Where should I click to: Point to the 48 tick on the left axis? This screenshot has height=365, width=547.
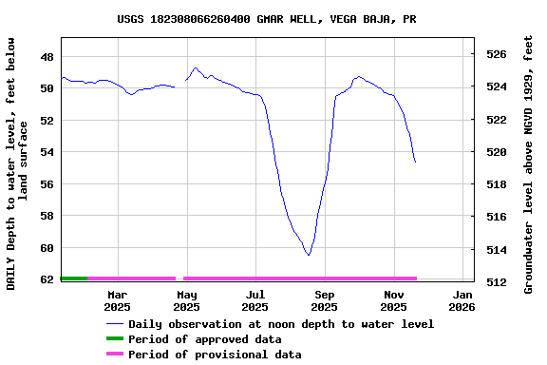[47, 56]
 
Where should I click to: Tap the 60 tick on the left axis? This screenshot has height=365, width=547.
[47, 248]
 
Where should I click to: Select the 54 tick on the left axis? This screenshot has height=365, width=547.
[47, 152]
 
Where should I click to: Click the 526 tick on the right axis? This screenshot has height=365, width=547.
[496, 54]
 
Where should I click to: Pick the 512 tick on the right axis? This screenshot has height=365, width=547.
[496, 282]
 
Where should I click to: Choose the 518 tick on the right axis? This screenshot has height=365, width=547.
[496, 184]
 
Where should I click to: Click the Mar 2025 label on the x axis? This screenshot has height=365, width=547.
[117, 300]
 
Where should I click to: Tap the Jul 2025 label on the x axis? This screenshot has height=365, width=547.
[255, 300]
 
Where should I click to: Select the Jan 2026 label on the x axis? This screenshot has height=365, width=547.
[462, 300]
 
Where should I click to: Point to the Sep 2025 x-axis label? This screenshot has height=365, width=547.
[324, 300]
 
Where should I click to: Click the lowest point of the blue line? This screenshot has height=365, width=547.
[309, 255]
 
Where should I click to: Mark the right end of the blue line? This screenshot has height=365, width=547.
[415, 162]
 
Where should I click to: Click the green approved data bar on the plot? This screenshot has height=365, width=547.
[74, 279]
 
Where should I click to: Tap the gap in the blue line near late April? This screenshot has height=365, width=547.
[180, 84]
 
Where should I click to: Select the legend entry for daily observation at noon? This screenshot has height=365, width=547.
[281, 324]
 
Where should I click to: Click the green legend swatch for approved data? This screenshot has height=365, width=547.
[114, 339]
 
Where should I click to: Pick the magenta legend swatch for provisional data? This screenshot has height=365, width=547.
[114, 355]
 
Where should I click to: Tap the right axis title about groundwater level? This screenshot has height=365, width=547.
[528, 163]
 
